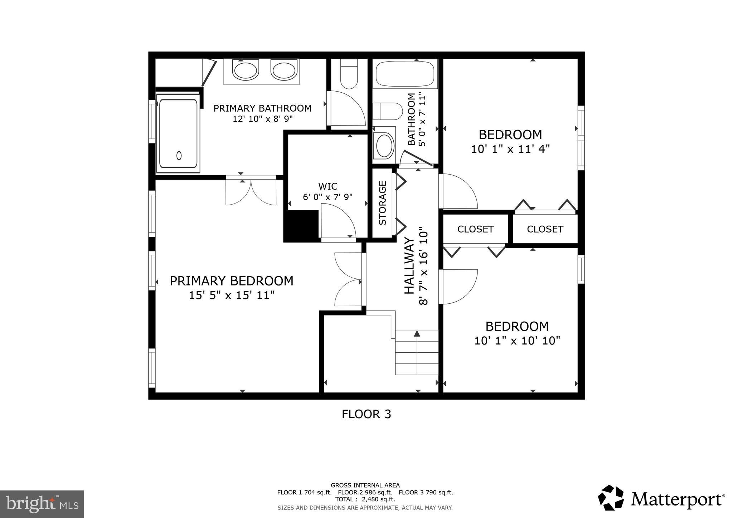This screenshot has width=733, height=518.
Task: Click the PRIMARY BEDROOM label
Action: point(231,281)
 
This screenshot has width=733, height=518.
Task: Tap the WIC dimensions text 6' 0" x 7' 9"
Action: point(327,197)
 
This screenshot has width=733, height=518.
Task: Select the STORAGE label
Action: point(382,203)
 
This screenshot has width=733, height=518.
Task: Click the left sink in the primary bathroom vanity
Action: point(246,70)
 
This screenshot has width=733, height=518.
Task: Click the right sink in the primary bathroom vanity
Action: point(284,70)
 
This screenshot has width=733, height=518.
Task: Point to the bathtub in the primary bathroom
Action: point(178,133)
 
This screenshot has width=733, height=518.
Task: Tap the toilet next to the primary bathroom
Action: point(349,74)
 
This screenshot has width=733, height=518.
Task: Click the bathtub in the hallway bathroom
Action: point(405,73)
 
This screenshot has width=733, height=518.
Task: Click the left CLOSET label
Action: point(475,229)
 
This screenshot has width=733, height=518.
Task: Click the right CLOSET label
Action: point(545,229)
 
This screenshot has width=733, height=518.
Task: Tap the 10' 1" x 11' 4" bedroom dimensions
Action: point(510,149)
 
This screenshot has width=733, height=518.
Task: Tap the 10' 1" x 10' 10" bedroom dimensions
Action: point(517,341)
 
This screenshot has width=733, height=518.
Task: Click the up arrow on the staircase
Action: point(417,333)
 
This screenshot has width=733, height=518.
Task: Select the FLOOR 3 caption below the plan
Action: point(366,414)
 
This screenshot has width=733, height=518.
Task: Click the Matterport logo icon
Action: point(611,498)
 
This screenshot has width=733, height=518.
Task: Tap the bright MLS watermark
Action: point(42,504)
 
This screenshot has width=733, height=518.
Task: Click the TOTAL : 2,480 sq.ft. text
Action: point(365,499)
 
